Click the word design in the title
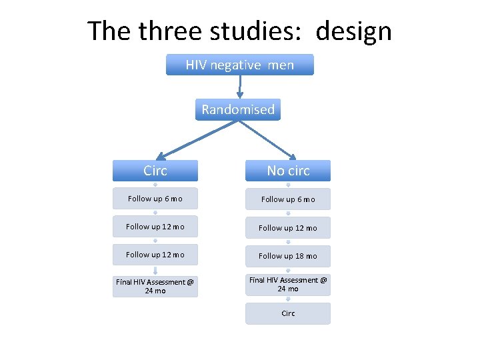[x=354, y=31]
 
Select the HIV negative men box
[x=239, y=65]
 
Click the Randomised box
[x=238, y=109]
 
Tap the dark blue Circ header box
[x=155, y=171]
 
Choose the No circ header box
[x=288, y=171]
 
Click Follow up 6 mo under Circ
[x=155, y=199]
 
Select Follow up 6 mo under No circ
[x=288, y=199]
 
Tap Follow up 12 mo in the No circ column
[x=288, y=228]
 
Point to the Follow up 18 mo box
[x=288, y=256]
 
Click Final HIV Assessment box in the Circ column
[x=155, y=286]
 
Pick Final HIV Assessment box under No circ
[x=288, y=285]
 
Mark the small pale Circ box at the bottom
[x=288, y=313]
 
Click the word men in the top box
[x=281, y=65]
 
